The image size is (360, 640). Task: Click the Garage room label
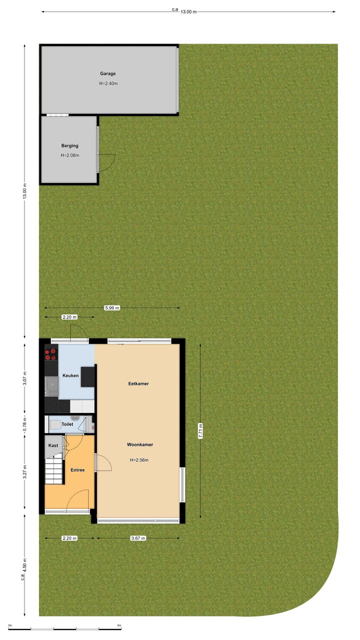point(107,73)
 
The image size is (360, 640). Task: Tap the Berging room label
point(69,145)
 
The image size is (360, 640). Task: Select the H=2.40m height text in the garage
point(108,83)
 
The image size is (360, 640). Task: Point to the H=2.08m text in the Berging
point(69,155)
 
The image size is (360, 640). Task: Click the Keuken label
point(70,375)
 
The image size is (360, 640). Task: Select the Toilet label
point(67,424)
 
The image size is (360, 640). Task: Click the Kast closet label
point(53,445)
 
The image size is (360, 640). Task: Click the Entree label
point(77,470)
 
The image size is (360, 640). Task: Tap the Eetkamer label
point(138,383)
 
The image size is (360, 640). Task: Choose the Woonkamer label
point(140,444)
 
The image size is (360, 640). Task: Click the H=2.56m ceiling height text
point(139,460)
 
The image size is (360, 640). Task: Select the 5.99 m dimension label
point(112,307)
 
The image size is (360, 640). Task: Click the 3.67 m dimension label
point(138,538)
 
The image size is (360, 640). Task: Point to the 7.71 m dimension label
point(200,431)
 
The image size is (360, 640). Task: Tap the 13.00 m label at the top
point(188,11)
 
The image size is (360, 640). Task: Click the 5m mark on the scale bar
point(119,625)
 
